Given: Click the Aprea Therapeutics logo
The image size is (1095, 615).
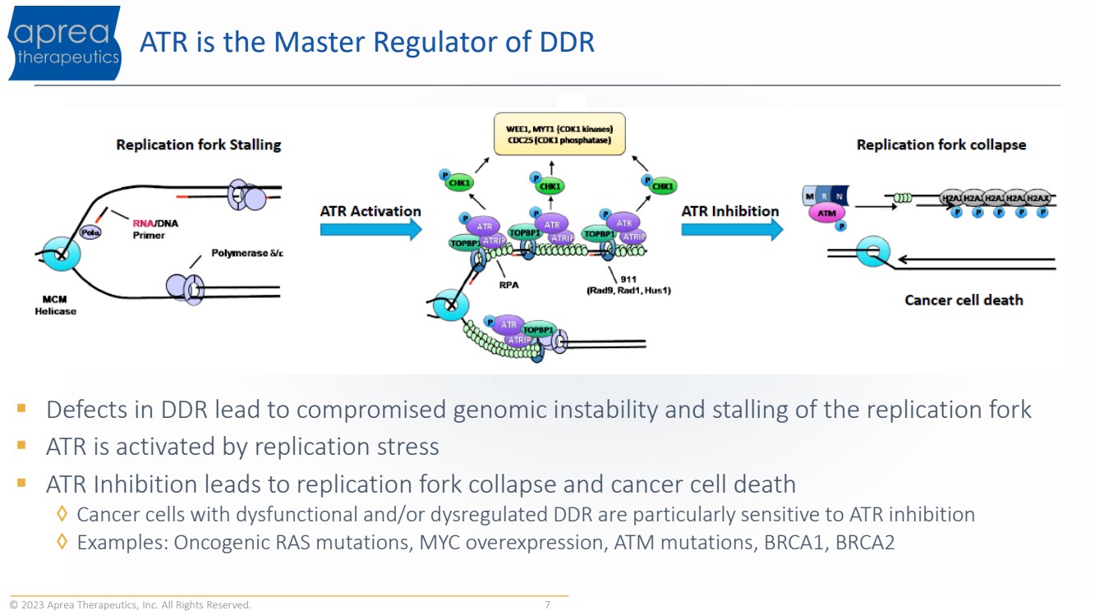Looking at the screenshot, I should (66, 43).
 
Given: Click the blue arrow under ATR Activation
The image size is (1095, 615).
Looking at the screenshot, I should (370, 229).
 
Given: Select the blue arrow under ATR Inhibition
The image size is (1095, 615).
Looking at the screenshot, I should (731, 229).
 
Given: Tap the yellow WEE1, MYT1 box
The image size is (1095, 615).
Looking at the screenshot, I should (559, 135).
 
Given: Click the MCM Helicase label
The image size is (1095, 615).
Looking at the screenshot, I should (55, 305).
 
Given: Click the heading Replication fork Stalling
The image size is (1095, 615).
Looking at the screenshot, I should (198, 145).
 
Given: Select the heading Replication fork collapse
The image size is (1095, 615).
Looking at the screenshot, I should (941, 145).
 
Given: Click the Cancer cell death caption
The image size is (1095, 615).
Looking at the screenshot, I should (964, 300).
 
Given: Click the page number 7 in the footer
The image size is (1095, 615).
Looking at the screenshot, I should (547, 605).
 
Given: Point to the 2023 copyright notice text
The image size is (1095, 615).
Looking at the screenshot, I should (131, 605).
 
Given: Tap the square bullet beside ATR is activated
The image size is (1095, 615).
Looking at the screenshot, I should (21, 446).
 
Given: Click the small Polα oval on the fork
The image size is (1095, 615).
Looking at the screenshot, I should (90, 232).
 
